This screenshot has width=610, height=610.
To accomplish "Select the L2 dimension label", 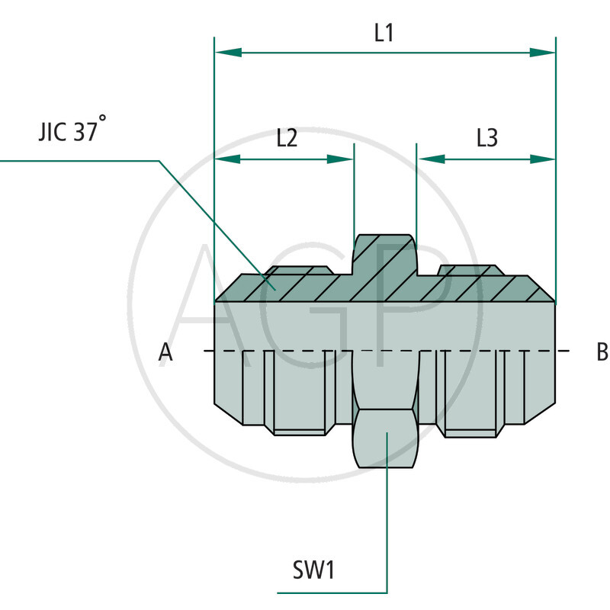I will [x=287, y=138].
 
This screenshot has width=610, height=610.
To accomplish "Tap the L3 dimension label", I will [x=487, y=138].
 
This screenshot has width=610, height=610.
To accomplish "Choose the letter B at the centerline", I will [x=602, y=352].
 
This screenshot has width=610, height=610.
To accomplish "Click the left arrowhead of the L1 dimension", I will [x=228, y=53].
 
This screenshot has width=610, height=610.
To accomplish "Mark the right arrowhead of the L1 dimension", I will [x=542, y=53].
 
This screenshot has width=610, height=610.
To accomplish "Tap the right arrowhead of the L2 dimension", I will [x=341, y=159].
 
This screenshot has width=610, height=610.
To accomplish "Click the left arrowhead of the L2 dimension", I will [x=228, y=159].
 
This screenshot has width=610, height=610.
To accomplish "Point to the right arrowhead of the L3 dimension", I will [x=542, y=159].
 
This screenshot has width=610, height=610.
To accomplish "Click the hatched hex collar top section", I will [x=386, y=255].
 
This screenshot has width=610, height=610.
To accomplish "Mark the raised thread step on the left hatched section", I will [x=299, y=270].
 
